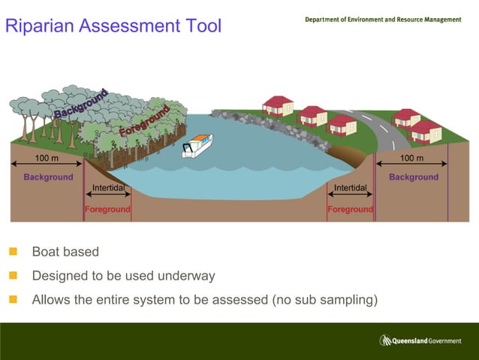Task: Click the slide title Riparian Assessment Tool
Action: [113, 26]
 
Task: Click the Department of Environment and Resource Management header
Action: [383, 20]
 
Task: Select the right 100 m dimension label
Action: [411, 159]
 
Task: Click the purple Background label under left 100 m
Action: [48, 177]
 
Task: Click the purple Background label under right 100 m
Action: [413, 177]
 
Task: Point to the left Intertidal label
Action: [108, 187]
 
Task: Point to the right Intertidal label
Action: [350, 187]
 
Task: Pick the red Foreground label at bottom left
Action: [107, 210]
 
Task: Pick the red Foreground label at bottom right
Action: [350, 210]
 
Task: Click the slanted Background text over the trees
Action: [81, 104]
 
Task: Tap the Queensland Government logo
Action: [420, 340]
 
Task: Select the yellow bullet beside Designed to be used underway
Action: [13, 276]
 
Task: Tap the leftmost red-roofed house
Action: [278, 105]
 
